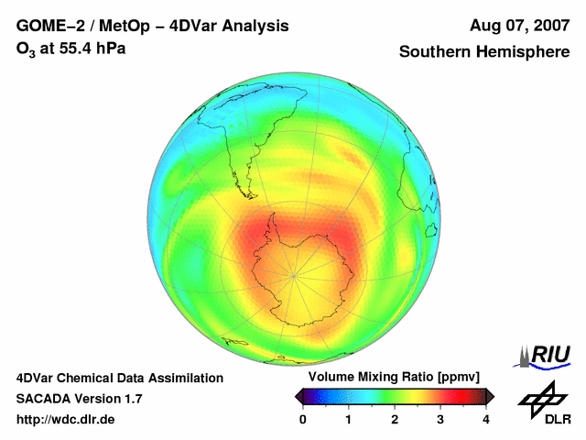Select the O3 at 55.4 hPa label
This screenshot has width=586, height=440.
click(x=71, y=48)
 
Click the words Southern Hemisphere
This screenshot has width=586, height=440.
click(x=484, y=52)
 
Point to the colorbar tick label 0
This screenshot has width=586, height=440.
click(x=303, y=419)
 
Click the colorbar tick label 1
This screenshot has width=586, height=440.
click(x=349, y=419)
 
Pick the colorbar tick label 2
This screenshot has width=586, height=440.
click(x=395, y=419)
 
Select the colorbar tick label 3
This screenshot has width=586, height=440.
click(x=440, y=419)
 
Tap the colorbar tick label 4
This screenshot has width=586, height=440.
click(x=486, y=419)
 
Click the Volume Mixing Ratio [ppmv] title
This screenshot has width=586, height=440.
click(x=394, y=377)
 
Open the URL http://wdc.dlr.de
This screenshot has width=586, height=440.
click(x=66, y=420)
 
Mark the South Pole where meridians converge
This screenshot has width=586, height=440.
click(x=293, y=275)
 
